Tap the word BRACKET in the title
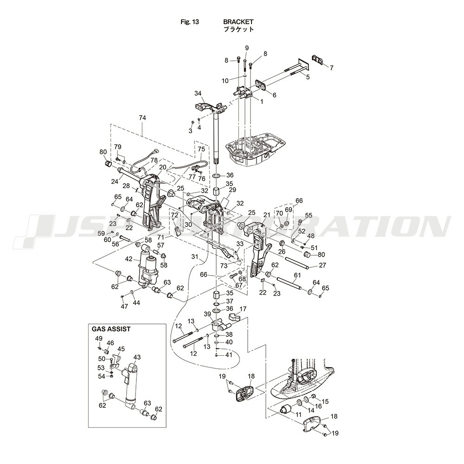238,22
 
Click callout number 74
142,118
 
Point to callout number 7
331,68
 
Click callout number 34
198,93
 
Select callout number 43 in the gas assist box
137,357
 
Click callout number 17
243,309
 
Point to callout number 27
322,265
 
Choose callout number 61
297,275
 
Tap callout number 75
201,149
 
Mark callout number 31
195,256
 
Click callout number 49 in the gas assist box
98,338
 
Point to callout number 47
124,306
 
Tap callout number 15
325,401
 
